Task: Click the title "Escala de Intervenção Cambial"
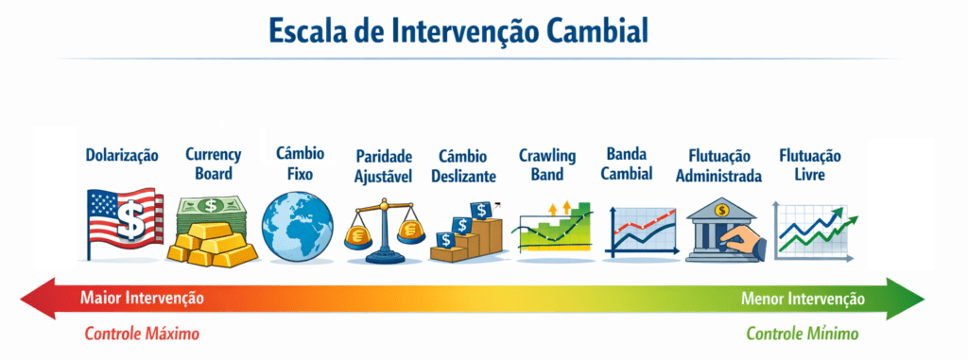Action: pos(458,30)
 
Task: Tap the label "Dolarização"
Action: pos(122,155)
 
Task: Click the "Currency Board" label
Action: pos(213,163)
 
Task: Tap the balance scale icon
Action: pos(384,231)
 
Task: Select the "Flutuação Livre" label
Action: pos(809,164)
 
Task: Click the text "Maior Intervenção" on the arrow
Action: pos(142,299)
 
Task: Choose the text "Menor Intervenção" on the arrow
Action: pos(803,299)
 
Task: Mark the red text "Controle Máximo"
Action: pos(142,334)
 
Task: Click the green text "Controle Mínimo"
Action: pos(803,334)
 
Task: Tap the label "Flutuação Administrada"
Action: pos(718,166)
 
